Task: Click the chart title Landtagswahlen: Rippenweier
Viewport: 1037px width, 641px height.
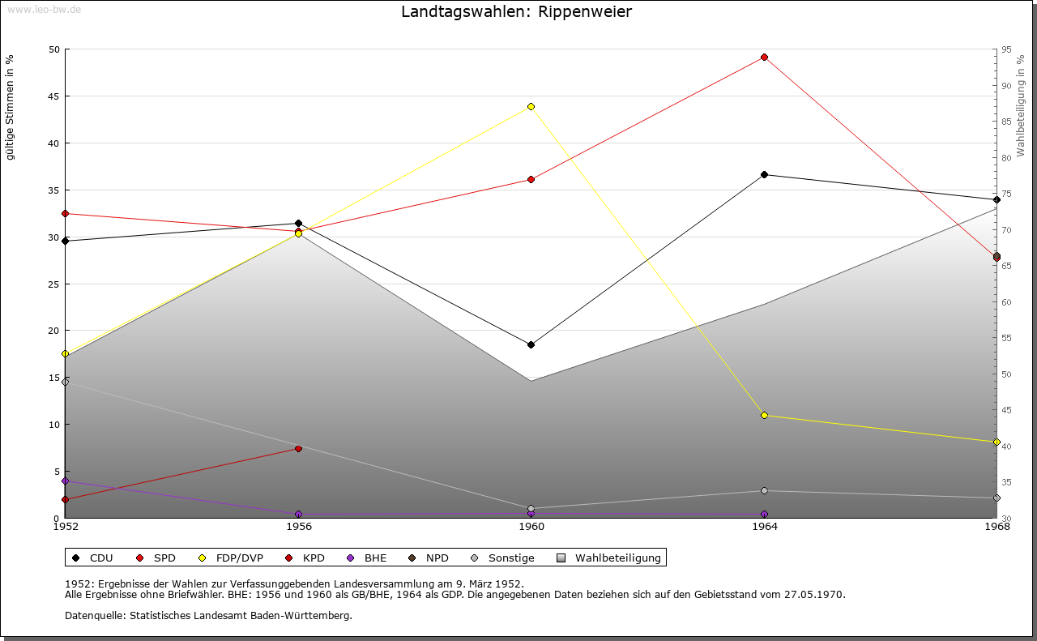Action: (x=516, y=12)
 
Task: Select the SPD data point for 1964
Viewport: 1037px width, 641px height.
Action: (x=764, y=58)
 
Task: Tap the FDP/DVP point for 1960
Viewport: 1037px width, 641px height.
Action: (x=531, y=106)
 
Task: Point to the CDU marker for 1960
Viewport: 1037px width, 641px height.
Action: (x=531, y=344)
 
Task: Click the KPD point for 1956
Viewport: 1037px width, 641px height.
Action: (x=298, y=448)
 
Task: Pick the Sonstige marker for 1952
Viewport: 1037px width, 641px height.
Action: (x=65, y=382)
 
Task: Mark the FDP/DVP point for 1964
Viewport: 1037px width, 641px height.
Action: (x=764, y=415)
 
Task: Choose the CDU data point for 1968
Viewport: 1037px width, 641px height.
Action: (x=996, y=199)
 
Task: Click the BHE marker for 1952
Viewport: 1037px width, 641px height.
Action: (x=65, y=481)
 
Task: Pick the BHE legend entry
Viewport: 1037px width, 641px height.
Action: (x=368, y=558)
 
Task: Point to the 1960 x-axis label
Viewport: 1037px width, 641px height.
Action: (x=531, y=527)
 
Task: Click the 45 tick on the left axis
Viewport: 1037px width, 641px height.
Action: (x=54, y=96)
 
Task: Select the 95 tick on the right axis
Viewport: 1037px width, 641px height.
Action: (x=1006, y=49)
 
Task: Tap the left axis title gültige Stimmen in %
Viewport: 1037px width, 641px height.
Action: (x=11, y=107)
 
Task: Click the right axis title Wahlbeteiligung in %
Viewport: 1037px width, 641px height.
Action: (x=1021, y=105)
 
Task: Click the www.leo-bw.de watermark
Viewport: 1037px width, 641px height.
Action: (x=44, y=10)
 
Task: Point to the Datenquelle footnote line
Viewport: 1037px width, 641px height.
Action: (x=208, y=616)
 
